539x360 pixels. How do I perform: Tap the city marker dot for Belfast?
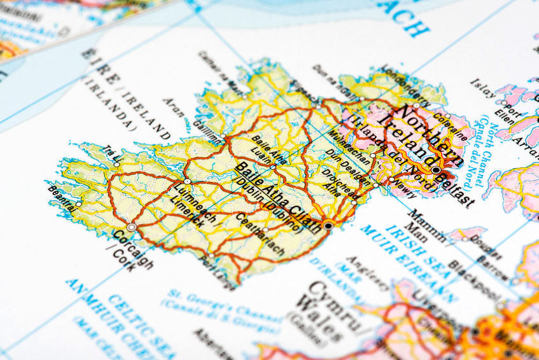pos(436,170)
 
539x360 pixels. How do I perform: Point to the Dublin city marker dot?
pos(328,225)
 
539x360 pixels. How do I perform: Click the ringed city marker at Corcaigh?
pos(132,226)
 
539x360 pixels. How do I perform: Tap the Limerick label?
pos(187,212)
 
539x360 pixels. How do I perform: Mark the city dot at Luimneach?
pos(187,181)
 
